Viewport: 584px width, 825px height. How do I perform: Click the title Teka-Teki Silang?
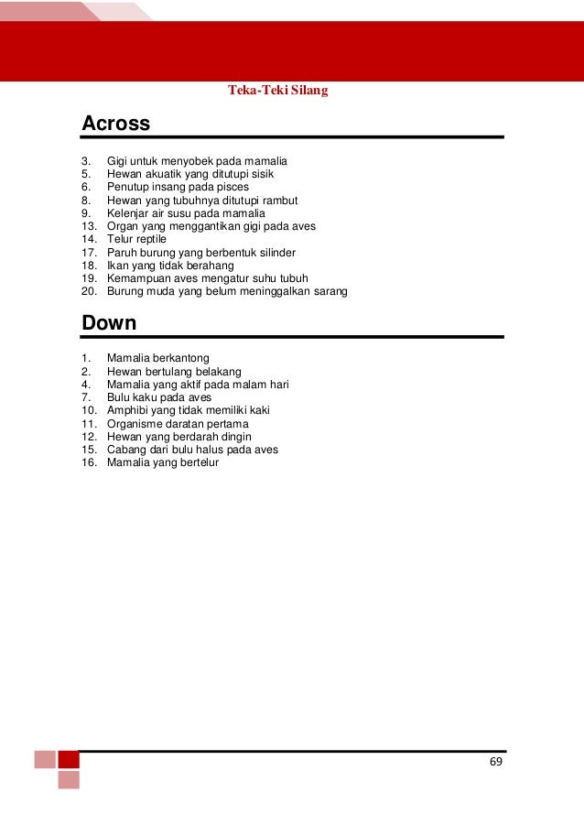[x=277, y=91]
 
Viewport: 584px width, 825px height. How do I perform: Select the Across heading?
[x=115, y=123]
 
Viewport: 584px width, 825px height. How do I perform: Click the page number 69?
[x=496, y=762]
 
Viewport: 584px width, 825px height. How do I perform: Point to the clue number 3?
[x=85, y=160]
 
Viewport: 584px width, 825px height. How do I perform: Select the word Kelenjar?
[x=128, y=213]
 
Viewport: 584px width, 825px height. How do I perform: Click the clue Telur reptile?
[x=136, y=239]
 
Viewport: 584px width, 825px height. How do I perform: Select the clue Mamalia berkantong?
[x=158, y=358]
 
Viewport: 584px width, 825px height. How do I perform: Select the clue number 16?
[x=87, y=463]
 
